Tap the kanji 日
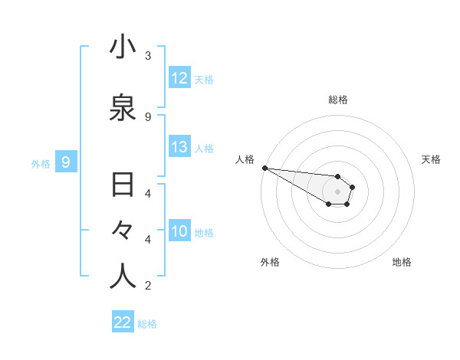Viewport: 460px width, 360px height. [x=123, y=186]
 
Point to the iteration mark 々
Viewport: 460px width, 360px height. [x=123, y=231]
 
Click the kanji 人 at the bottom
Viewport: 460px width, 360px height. [x=123, y=277]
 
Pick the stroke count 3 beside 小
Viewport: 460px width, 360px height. [x=148, y=56]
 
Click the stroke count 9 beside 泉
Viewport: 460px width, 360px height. [x=148, y=116]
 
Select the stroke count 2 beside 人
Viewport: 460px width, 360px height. [x=148, y=286]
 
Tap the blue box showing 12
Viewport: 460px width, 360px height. [x=179, y=78]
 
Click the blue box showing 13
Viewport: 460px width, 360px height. [x=179, y=147]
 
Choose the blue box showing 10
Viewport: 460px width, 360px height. [x=179, y=231]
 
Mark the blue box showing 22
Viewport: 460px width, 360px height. [x=123, y=322]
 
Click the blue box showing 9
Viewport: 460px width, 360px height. [x=67, y=162]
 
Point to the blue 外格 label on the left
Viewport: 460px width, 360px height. [x=41, y=163]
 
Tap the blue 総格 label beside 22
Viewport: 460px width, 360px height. [x=148, y=324]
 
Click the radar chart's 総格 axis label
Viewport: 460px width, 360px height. [x=338, y=100]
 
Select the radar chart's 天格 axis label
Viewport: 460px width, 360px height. [x=432, y=159]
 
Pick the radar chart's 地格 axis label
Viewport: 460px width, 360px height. [x=402, y=262]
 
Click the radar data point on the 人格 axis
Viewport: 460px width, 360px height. [x=264, y=168]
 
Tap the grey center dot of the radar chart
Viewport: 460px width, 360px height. [x=337, y=191]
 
